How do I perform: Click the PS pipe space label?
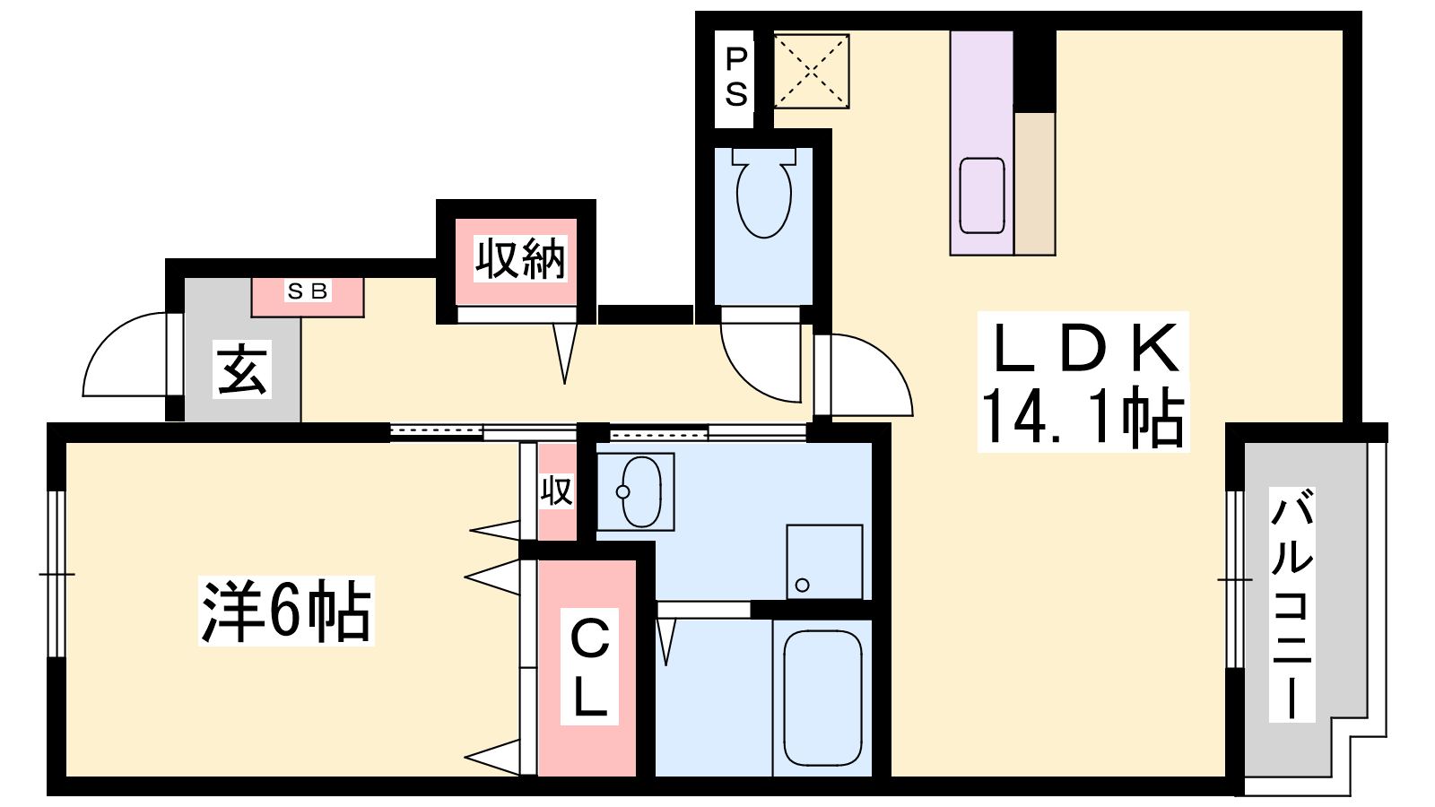pyautogui.click(x=736, y=77)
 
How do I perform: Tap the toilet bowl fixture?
pyautogui.click(x=763, y=193)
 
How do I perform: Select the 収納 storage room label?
pyautogui.click(x=519, y=259)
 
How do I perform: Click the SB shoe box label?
pyautogui.click(x=308, y=291)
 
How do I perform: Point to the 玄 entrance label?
pyautogui.click(x=241, y=369)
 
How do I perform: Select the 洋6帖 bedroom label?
pyautogui.click(x=286, y=611)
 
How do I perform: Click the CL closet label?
pyautogui.click(x=589, y=667)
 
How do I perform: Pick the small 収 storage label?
pyautogui.click(x=556, y=491)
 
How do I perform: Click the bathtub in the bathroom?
pyautogui.click(x=822, y=699)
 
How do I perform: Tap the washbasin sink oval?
pyautogui.click(x=641, y=492)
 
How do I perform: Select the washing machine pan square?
pyautogui.click(x=824, y=562)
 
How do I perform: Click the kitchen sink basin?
pyautogui.click(x=981, y=196)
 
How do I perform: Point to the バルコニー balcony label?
pyautogui.click(x=1292, y=604)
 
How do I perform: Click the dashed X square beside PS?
pyautogui.click(x=811, y=71)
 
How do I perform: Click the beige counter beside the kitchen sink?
pyautogui.click(x=1035, y=184)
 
